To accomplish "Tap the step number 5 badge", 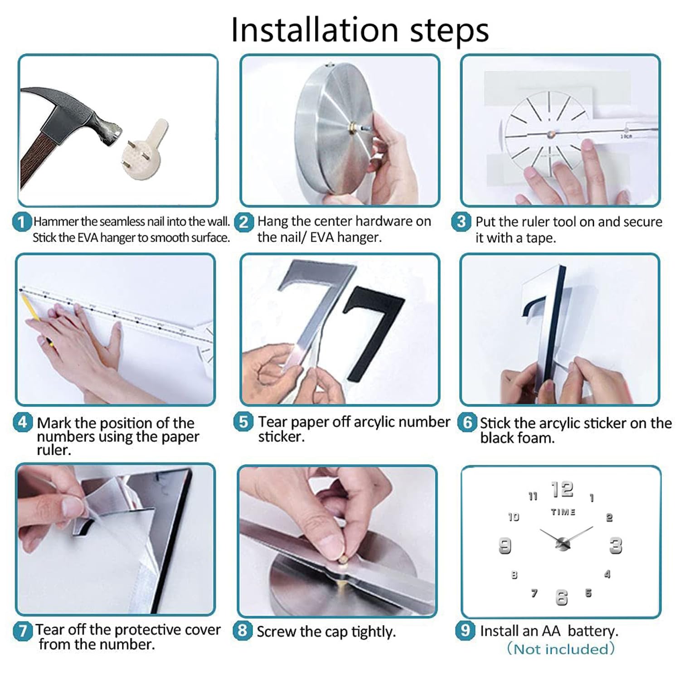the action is [243, 422].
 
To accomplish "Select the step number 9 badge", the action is [465, 630].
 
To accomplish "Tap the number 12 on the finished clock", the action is [562, 489].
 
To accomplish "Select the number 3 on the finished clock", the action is [616, 545].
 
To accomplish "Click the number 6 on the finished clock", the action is [562, 597].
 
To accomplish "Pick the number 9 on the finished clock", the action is [505, 545].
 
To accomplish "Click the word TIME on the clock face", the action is [563, 512].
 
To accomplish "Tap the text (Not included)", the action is [561, 649].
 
